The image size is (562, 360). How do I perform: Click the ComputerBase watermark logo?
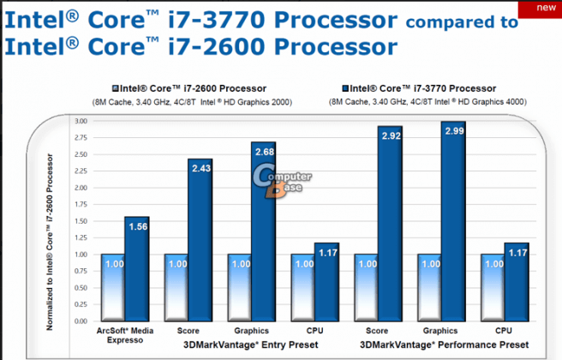281,181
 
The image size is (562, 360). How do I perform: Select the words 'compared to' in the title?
465,21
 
